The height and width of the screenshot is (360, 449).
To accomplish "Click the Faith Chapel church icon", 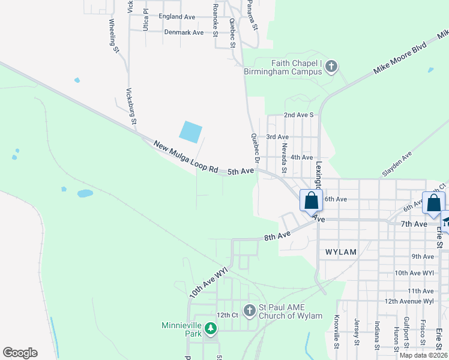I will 331,66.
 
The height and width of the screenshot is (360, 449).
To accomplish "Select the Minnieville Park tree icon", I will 210,328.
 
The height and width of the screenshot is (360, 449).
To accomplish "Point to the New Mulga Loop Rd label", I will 186,157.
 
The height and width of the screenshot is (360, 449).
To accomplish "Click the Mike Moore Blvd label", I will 400,58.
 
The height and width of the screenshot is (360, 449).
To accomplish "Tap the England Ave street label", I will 177,17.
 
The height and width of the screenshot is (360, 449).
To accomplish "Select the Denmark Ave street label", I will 184,32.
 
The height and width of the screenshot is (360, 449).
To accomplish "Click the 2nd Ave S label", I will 299,115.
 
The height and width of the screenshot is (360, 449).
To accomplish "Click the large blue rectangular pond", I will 191,132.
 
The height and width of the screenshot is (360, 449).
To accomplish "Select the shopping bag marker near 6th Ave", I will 311,200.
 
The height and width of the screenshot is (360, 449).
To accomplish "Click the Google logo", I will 20,353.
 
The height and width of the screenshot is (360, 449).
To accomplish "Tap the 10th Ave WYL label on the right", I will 414,272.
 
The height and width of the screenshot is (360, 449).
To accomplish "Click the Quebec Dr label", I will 255,148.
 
